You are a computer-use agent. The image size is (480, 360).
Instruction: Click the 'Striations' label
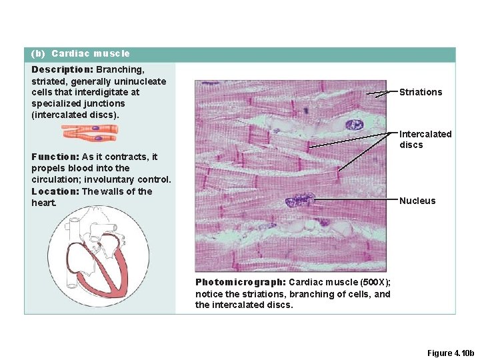[x=420, y=92]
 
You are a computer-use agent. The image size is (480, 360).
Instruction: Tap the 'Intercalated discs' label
[x=425, y=139]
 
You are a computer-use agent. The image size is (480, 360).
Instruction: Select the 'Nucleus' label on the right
[x=417, y=201]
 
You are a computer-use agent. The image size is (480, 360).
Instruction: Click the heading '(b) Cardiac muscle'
[x=81, y=53]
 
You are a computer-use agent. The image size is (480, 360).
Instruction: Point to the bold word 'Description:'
[x=62, y=69]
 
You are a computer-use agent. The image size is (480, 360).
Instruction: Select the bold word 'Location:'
[x=55, y=191]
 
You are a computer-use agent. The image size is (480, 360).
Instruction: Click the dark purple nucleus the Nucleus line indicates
[x=300, y=200]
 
